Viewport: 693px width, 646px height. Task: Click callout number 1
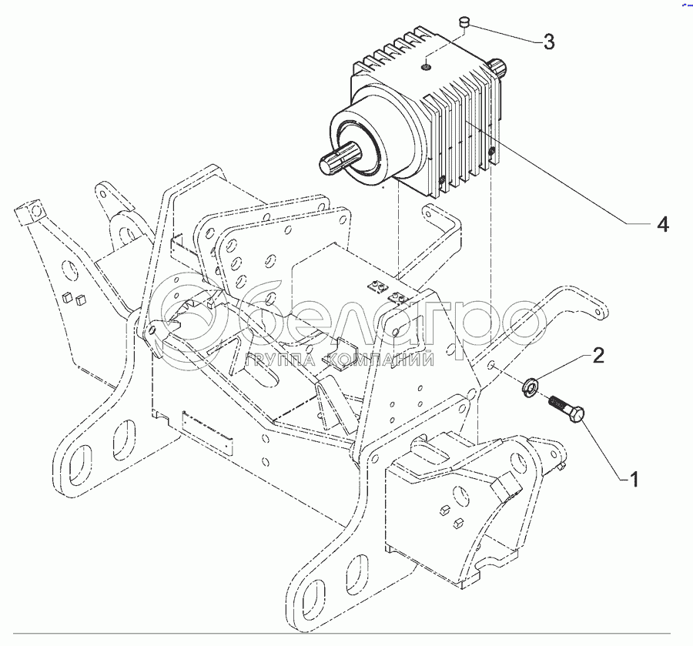[634, 480]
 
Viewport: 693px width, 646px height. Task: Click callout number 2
[598, 355]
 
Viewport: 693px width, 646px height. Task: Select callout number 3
[548, 42]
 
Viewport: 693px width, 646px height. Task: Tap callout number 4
[662, 225]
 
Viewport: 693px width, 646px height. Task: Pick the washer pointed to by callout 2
[531, 387]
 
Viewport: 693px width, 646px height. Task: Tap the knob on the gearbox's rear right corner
[498, 66]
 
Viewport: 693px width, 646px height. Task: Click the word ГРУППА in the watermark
[280, 360]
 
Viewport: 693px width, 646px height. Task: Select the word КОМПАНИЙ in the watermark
[379, 360]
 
